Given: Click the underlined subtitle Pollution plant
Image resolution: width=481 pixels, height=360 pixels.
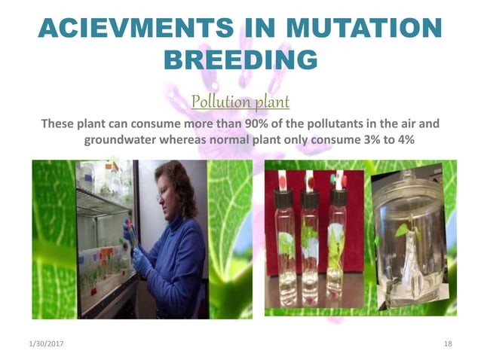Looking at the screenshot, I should [x=240, y=101].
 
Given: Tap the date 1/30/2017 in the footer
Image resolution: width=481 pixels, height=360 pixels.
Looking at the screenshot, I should [x=43, y=344].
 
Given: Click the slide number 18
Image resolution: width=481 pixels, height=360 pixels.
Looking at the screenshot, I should [x=448, y=344].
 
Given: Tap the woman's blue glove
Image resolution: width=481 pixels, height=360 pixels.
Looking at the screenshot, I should [x=141, y=260].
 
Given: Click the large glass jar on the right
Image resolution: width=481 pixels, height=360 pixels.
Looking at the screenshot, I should [x=411, y=241].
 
